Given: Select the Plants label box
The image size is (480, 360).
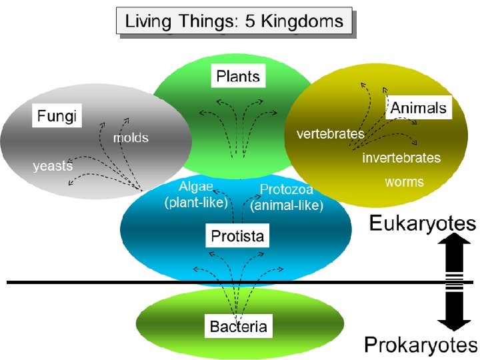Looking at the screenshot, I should click(238, 76).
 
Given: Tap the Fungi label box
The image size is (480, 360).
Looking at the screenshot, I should click(57, 117).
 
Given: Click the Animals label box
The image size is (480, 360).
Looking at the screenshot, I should click(419, 107).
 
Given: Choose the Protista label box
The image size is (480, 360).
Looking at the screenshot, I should click(237, 235).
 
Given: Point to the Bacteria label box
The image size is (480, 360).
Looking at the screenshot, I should click(238, 326).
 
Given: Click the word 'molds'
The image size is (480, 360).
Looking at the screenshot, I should click(131, 138).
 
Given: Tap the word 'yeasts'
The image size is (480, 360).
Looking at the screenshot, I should click(53, 166).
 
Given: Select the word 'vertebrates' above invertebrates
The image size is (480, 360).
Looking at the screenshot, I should click(330, 134).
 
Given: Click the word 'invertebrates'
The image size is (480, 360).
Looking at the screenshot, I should click(401, 158).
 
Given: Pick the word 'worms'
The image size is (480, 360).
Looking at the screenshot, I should click(404, 181).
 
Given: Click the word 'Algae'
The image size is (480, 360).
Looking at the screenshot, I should click(196, 187).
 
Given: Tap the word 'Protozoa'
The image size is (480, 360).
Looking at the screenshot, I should click(286, 189).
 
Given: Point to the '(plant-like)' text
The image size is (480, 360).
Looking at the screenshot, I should click(196, 202).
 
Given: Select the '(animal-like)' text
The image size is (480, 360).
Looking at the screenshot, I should click(287, 205).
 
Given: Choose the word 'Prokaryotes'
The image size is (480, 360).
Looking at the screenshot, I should click(421, 345).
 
